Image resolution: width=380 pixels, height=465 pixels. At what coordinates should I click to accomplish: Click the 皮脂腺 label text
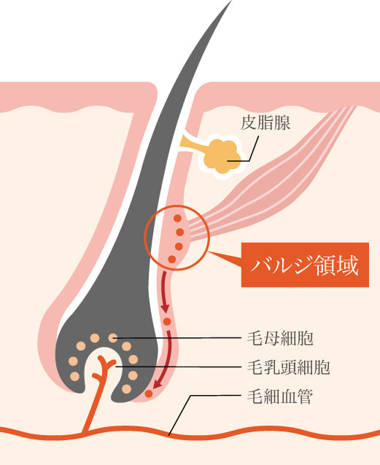(x=265, y=122)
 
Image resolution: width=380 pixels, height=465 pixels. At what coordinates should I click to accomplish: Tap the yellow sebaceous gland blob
(x=222, y=157)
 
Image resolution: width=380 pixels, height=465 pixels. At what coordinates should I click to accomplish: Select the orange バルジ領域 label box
(x=305, y=265)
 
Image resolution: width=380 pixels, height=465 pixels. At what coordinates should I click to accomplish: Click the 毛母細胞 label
(x=280, y=338)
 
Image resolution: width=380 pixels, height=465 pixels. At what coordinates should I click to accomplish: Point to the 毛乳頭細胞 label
(x=289, y=367)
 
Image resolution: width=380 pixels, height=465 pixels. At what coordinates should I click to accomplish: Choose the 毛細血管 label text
(x=280, y=396)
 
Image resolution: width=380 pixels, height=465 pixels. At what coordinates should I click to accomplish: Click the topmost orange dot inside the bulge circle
(x=177, y=219)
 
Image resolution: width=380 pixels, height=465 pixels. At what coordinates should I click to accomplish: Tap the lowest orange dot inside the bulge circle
(x=172, y=259)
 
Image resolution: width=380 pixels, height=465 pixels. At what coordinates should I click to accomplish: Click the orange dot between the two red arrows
(x=167, y=321)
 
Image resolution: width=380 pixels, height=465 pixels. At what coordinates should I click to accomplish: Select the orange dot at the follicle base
(x=149, y=394)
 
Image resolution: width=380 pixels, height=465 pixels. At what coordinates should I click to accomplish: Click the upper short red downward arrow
(x=164, y=292)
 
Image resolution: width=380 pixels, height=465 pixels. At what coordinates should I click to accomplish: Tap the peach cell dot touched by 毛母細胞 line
(x=113, y=337)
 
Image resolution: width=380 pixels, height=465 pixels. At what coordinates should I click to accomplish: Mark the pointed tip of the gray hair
(x=231, y=1)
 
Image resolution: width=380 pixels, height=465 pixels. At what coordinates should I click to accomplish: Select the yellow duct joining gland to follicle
(x=193, y=144)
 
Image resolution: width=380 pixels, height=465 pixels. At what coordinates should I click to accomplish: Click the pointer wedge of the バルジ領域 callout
(x=225, y=258)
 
